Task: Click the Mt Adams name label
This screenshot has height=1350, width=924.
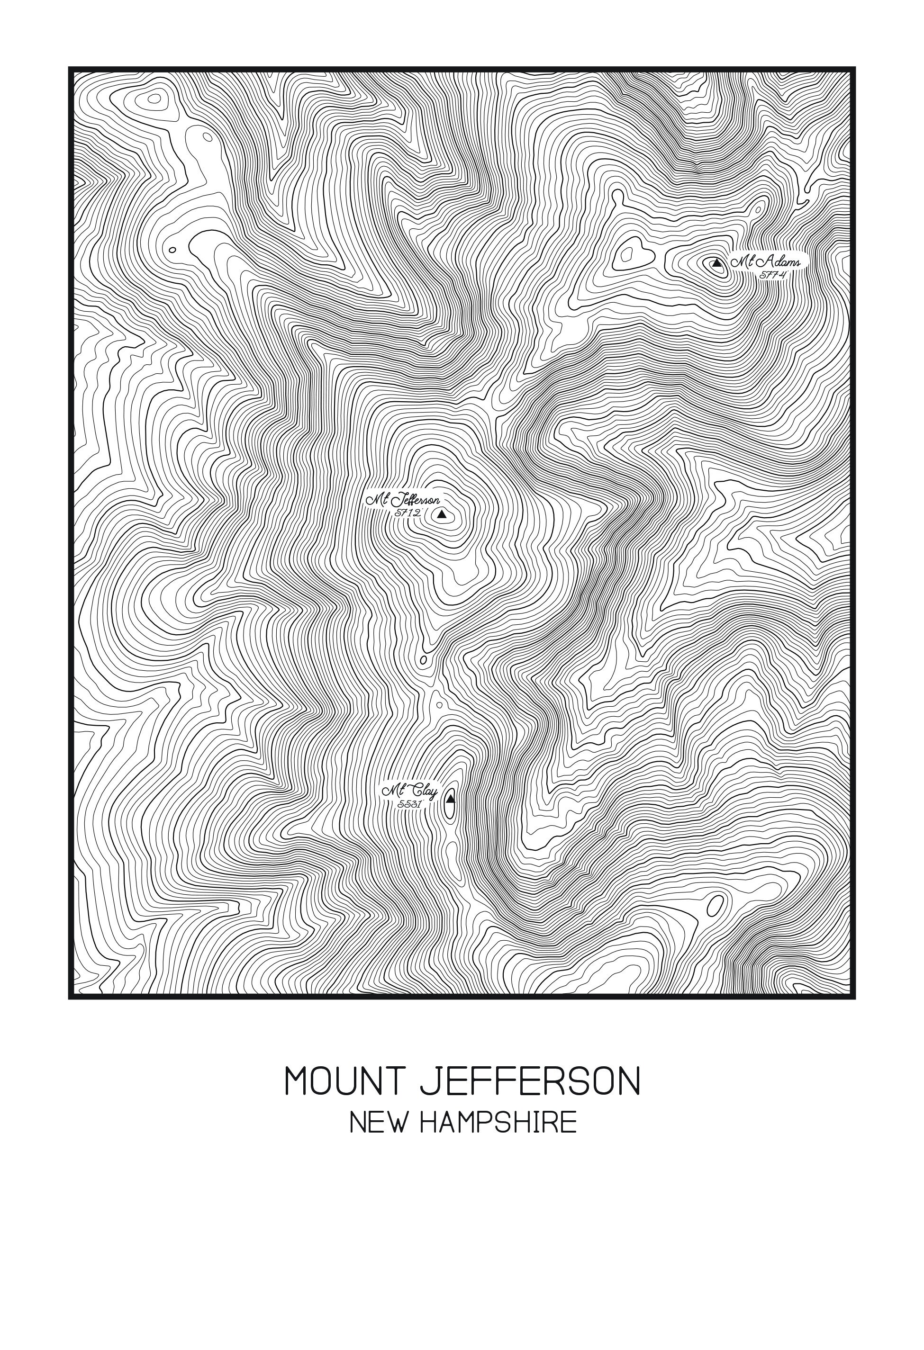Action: point(766,261)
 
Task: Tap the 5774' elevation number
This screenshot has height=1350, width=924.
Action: point(773,275)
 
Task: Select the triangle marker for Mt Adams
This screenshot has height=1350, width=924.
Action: point(717,263)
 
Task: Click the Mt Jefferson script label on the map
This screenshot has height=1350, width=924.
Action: point(403,500)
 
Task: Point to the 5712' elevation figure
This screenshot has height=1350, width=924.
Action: point(408,513)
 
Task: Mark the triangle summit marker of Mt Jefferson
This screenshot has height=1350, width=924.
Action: point(442,513)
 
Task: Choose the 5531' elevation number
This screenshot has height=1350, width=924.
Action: point(409,804)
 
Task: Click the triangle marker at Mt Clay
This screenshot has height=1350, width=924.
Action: point(450,798)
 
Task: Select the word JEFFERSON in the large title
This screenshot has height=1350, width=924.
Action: point(529,1081)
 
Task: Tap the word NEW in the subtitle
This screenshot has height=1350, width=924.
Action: point(377,1123)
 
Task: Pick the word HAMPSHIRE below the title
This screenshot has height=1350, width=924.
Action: point(498,1123)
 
